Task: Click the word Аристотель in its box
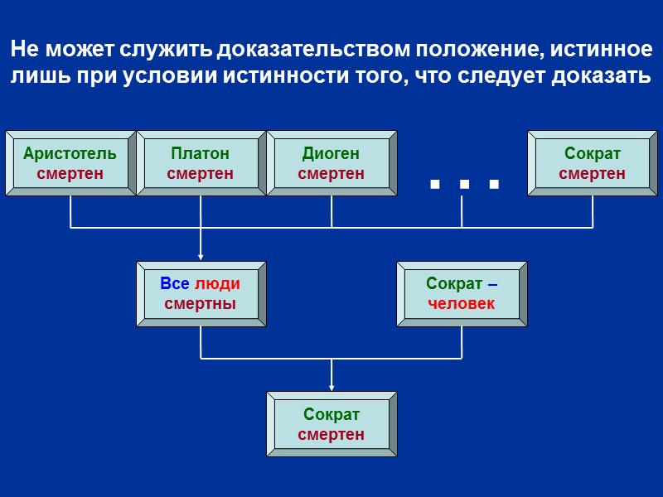coord(70,154)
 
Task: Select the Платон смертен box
coord(201,163)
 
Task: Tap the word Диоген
coord(331,154)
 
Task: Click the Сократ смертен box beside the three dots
coord(593,163)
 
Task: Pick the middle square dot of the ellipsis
coord(464,184)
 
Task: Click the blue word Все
coord(175,284)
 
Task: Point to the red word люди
coord(217,284)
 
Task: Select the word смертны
coord(201,304)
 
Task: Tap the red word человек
coord(462,304)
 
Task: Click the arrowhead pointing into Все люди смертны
coord(201,256)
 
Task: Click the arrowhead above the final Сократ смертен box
coord(331,386)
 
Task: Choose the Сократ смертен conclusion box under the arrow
coord(331,424)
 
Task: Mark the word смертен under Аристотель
coord(70,174)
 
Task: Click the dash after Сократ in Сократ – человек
coord(493,284)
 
